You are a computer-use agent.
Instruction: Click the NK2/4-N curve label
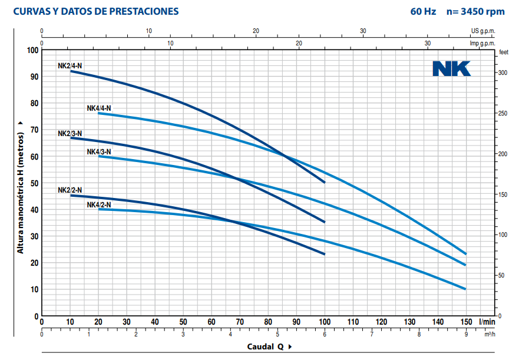pos(70,66)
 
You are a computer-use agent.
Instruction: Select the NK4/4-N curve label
pos(98,108)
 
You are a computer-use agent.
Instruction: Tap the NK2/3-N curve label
pos(70,133)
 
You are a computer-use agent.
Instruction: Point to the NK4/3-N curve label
pos(98,151)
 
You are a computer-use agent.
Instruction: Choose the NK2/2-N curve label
pos(70,190)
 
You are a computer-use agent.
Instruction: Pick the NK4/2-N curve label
pos(98,204)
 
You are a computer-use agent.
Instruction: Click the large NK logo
pos(451,69)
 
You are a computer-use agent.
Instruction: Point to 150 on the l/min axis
pos(465,322)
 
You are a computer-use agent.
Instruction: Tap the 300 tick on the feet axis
pos(503,72)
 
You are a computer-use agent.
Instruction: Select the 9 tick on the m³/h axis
pos(466,334)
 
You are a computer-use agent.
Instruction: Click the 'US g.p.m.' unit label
pos(483,31)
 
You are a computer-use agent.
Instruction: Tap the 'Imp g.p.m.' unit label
pos(482,43)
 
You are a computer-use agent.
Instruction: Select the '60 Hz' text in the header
pos(423,11)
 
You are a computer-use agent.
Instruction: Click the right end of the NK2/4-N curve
pos(325,182)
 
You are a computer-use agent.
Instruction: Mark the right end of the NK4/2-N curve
pos(465,289)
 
